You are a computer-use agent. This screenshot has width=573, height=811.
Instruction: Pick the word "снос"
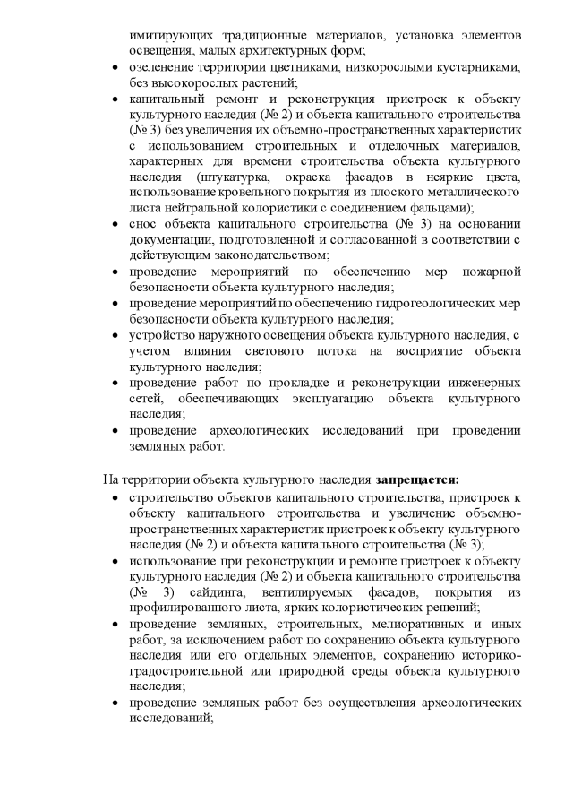(143, 224)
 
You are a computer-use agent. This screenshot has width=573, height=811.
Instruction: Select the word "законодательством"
(251, 255)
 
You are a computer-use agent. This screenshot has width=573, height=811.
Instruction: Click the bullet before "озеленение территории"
(112, 68)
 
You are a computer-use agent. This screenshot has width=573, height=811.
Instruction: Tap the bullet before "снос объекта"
(112, 224)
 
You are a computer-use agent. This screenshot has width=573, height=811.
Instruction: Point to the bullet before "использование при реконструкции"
(112, 561)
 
